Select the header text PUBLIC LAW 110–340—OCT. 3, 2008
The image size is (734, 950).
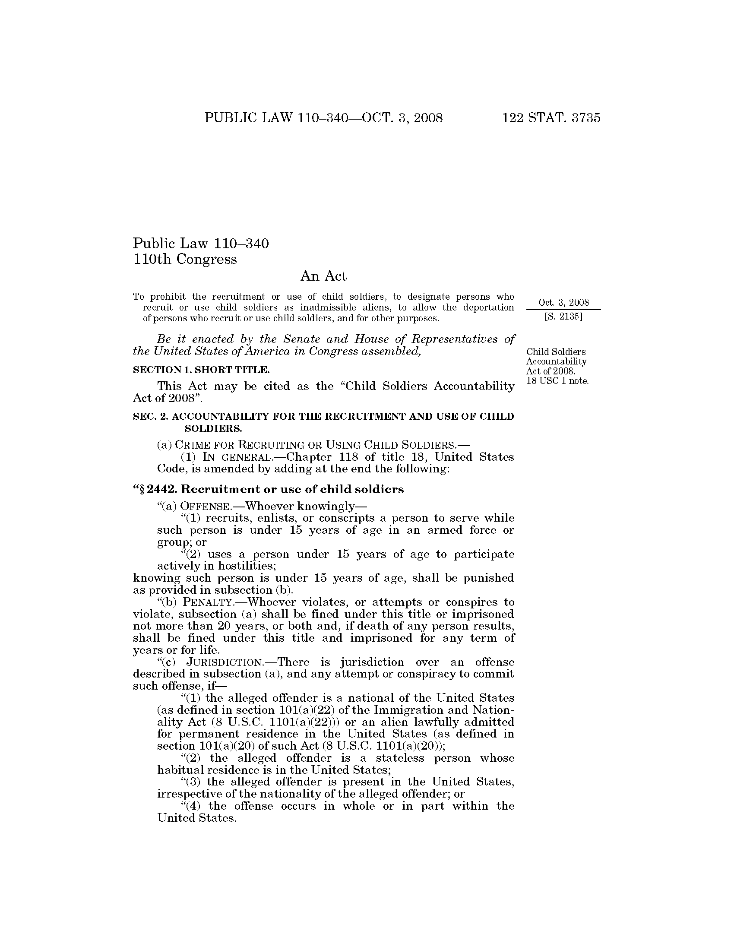[x=323, y=118]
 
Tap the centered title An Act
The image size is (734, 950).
[x=323, y=276]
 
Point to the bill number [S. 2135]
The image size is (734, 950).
[x=563, y=317]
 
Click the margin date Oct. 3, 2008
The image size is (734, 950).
[x=563, y=303]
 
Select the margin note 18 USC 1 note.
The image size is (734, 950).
[x=557, y=381]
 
